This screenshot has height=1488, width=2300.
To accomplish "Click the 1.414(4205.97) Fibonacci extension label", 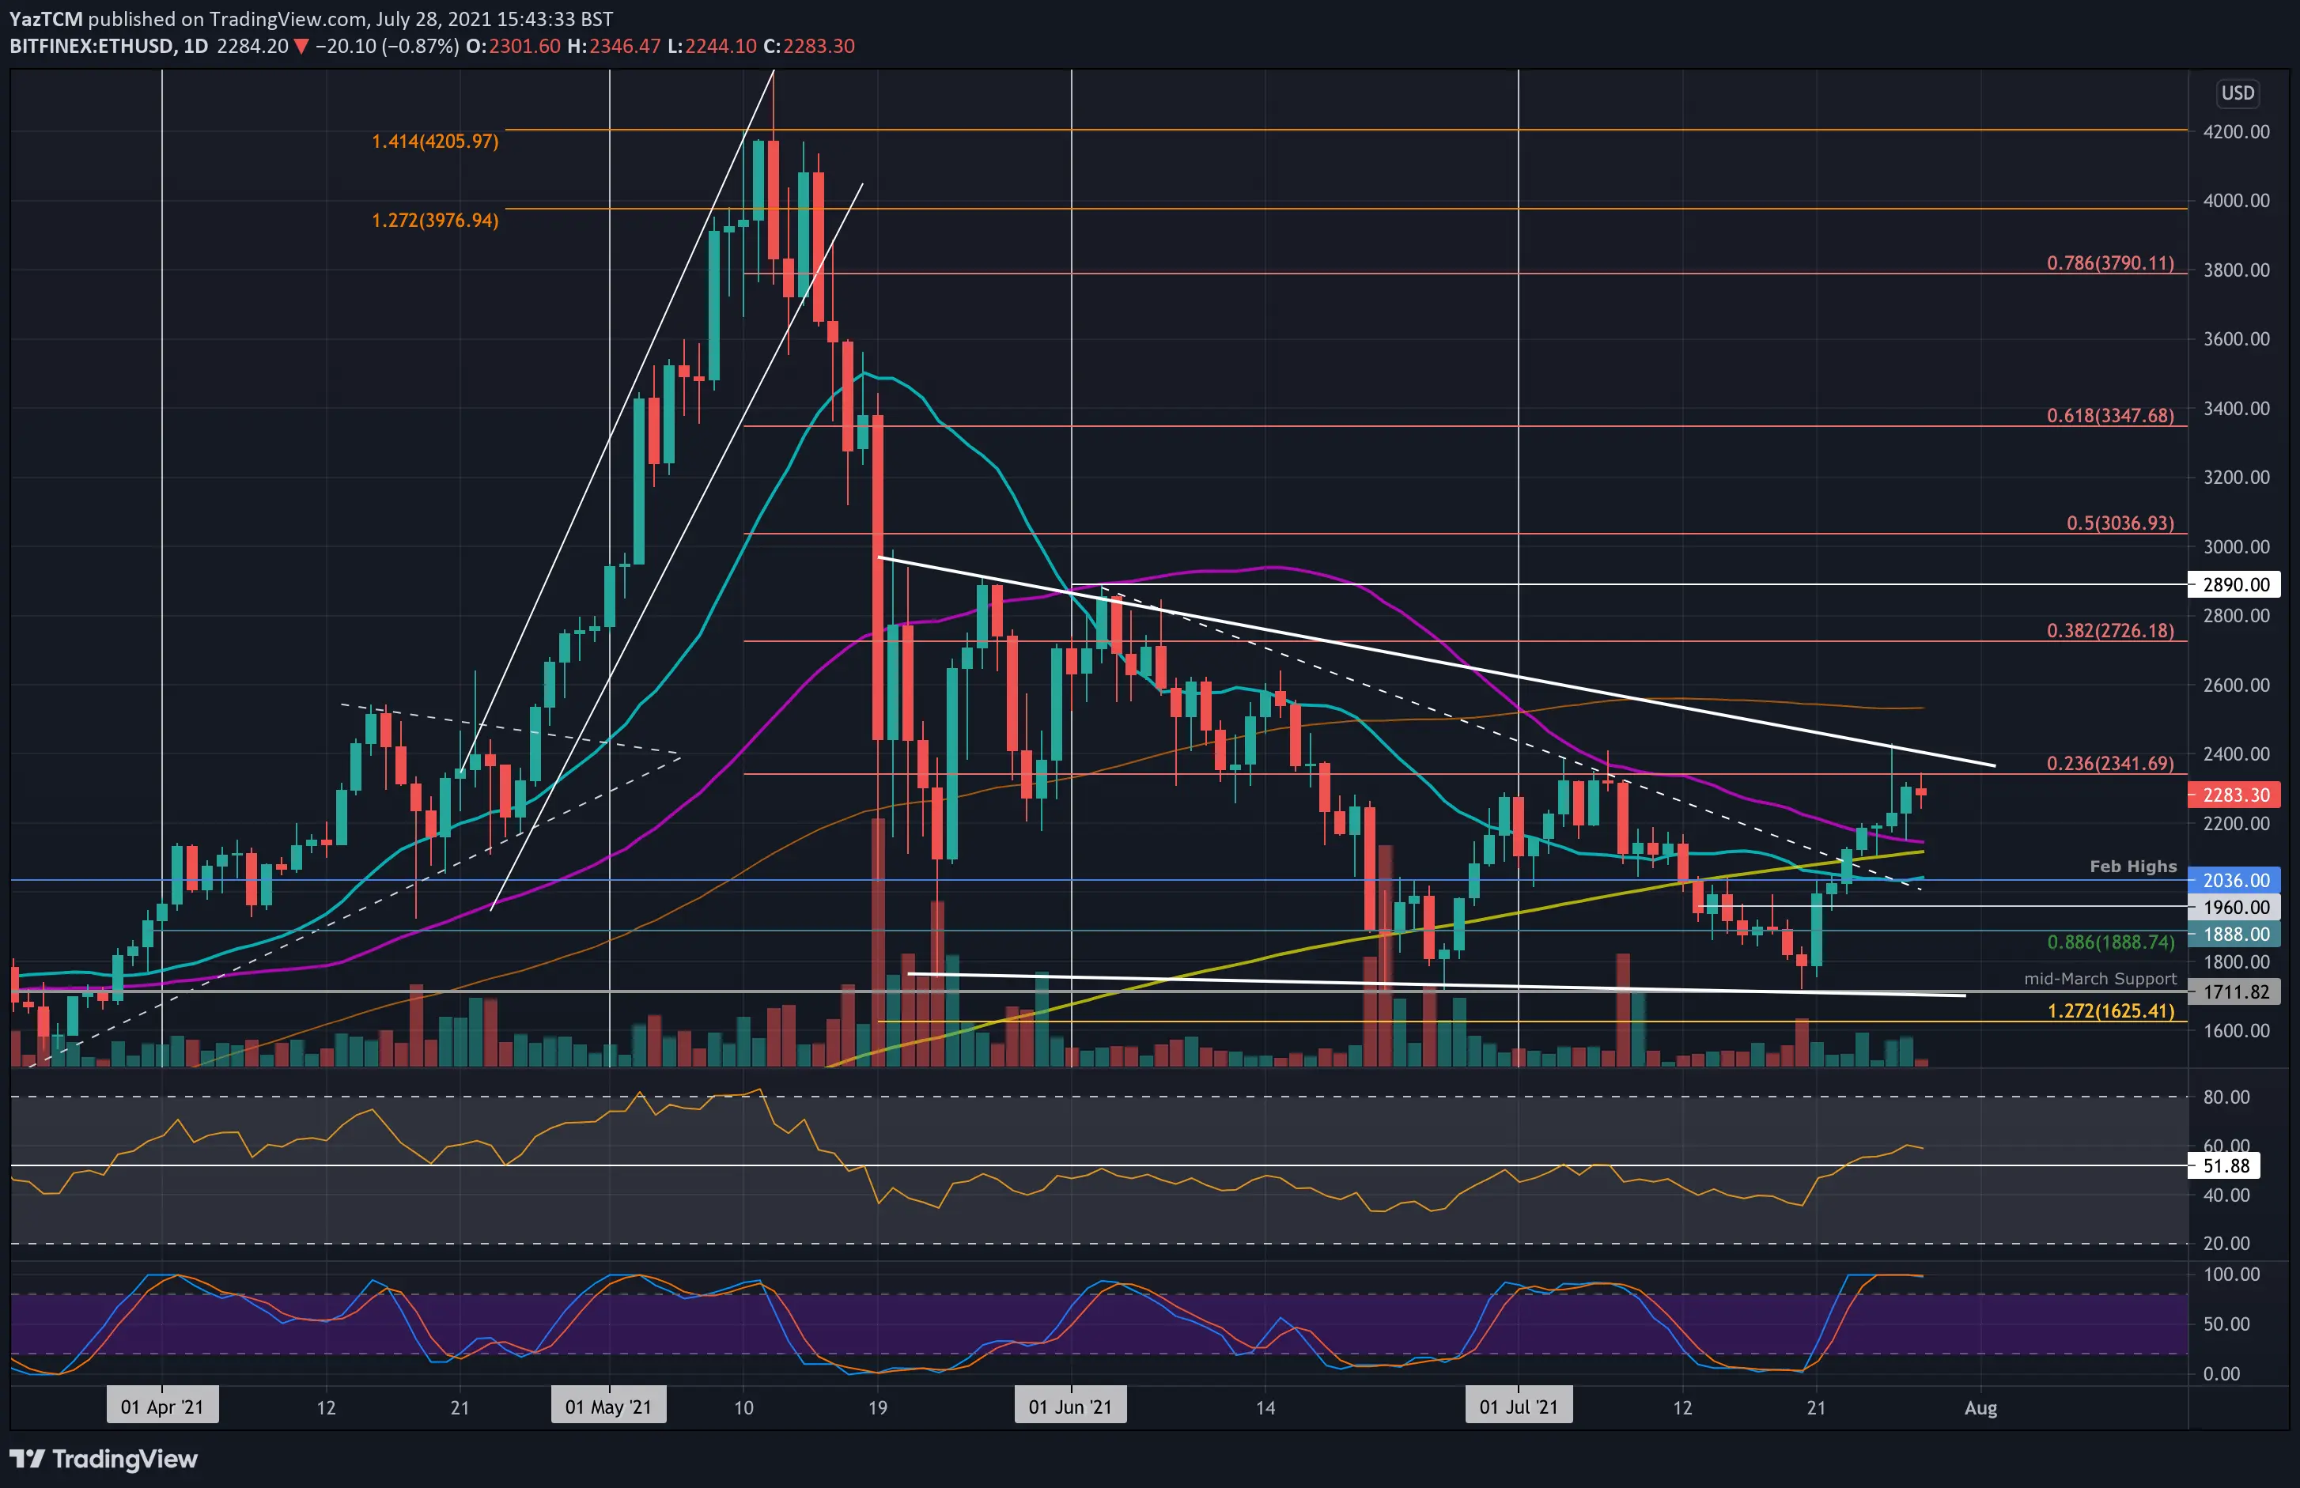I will pos(435,141).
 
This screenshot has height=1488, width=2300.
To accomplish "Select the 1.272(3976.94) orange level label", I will pos(435,221).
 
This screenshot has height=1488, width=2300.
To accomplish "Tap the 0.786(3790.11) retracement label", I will pos(2109,262).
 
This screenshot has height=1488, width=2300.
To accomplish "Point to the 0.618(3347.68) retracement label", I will pos(2109,415).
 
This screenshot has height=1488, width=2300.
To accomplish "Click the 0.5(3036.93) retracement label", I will pos(2120,523).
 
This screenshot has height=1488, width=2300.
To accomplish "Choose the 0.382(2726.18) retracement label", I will pos(2109,631).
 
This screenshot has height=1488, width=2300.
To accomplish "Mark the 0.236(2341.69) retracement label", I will pos(2109,763).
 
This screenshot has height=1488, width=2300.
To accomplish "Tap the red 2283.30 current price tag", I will pos(2235,795).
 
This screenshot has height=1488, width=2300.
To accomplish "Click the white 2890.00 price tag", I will pos(2235,583).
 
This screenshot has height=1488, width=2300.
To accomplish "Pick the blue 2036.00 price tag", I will pos(2235,880).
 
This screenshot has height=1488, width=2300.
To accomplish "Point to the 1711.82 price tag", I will pos(2235,991).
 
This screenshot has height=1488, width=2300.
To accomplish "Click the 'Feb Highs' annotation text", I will pos(2133,866).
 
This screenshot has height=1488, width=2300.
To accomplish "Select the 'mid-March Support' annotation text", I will pos(2100,979).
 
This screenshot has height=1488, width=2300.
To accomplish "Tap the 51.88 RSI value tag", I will pos(2226,1165).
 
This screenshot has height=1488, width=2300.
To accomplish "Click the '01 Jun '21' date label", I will pos(1070,1407).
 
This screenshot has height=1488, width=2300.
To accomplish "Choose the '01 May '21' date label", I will pos(608,1407).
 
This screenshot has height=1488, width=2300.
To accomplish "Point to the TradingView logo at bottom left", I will pos(104,1458).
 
